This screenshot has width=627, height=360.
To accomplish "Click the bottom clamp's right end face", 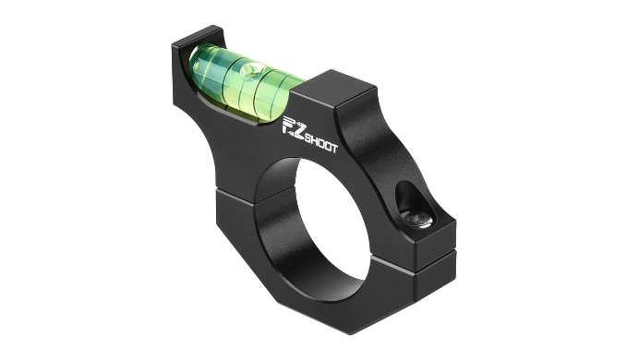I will [434, 277].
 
